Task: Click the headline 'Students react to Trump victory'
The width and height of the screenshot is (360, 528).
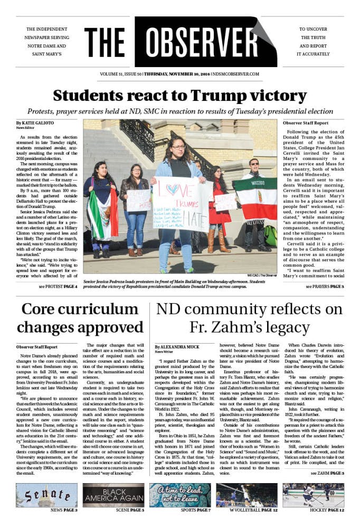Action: pos(180,96)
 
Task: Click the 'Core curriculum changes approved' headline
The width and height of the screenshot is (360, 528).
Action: pos(80,318)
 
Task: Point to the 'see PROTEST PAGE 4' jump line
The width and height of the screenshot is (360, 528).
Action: pos(58,287)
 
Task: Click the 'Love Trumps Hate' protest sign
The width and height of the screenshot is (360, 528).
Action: pos(179,203)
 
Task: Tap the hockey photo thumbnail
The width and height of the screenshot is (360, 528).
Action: pos(313,496)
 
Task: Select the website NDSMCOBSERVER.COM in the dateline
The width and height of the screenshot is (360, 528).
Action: pos(258,74)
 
